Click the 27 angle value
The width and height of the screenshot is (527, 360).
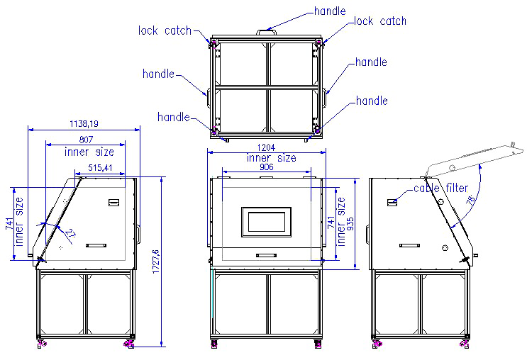(x=70, y=232)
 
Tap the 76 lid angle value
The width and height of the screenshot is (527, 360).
(x=470, y=201)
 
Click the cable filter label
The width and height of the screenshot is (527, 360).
(x=440, y=189)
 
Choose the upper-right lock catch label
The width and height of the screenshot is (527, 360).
(x=380, y=21)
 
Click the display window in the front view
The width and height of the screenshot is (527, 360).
(x=266, y=222)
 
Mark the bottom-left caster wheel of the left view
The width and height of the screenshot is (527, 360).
(x=41, y=344)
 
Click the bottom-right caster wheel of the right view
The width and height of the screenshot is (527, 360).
(x=466, y=344)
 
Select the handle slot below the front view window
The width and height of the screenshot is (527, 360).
(x=266, y=254)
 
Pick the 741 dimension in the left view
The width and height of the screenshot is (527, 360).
(x=9, y=225)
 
